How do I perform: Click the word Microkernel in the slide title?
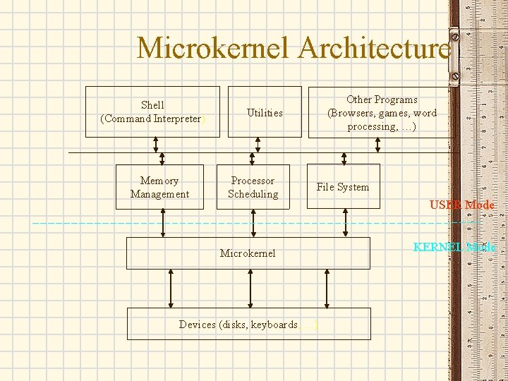[214, 49]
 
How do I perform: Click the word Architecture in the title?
[374, 49]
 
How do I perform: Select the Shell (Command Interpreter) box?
[152, 111]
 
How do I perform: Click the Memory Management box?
[160, 187]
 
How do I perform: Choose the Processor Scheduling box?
[253, 187]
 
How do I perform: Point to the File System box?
[343, 187]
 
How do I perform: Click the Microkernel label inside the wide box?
[248, 253]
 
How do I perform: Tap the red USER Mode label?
[462, 205]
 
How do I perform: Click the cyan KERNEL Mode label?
[454, 247]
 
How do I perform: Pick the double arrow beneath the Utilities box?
[258, 145]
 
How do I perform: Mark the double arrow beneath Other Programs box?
[378, 145]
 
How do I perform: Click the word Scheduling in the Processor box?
[253, 194]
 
